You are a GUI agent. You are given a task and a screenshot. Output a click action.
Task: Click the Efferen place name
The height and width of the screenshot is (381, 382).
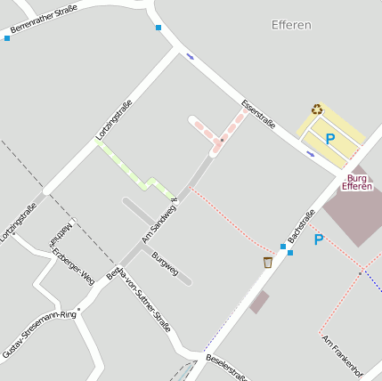[291, 25]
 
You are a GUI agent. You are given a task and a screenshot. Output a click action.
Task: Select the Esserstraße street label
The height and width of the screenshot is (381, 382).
[258, 115]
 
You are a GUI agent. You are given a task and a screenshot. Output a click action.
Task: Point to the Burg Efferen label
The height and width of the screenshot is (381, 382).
[357, 182]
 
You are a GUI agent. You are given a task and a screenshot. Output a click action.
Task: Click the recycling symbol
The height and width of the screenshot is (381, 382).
[317, 109]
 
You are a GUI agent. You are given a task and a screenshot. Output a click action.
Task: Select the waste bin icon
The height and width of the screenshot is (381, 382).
[267, 262]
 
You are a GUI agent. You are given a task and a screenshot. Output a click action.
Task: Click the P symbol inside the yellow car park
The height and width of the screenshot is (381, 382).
[329, 139]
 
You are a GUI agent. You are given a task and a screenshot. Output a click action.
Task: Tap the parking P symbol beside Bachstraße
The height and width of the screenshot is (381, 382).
[319, 239]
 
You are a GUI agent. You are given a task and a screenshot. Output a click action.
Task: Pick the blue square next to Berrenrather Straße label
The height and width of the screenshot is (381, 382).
[7, 37]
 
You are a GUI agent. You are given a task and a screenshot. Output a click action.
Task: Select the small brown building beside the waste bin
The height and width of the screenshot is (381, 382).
[259, 302]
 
